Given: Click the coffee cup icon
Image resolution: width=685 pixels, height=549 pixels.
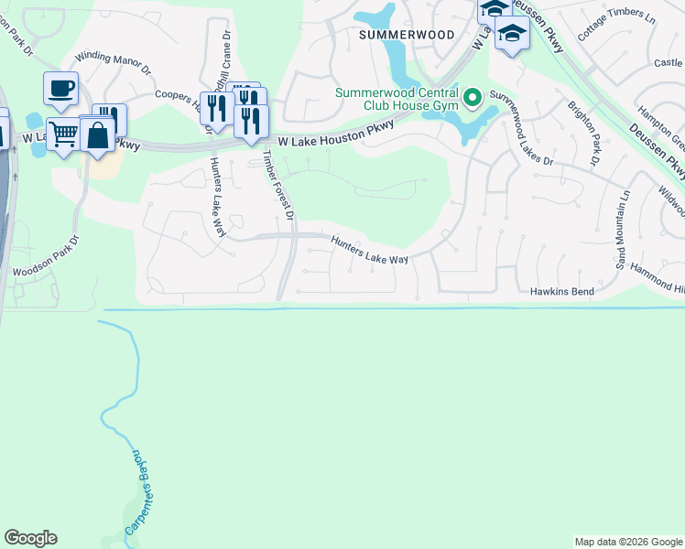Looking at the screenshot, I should point(60,89).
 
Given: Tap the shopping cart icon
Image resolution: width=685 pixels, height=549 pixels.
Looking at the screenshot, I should point(63,135).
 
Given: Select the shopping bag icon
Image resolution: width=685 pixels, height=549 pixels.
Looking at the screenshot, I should point(96,135).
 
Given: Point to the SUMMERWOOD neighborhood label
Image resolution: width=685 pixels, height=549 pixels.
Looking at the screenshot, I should point(406,34).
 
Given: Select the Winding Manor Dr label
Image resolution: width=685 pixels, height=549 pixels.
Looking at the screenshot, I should point(113,61).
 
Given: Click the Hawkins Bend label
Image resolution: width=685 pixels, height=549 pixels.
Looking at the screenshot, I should point(562,292).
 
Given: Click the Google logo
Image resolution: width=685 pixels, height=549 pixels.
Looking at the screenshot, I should point(30,538).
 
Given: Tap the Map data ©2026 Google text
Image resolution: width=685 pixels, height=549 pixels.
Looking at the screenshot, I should point(628,542).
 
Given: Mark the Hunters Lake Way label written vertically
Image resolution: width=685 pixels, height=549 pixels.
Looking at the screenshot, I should point(218,198).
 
